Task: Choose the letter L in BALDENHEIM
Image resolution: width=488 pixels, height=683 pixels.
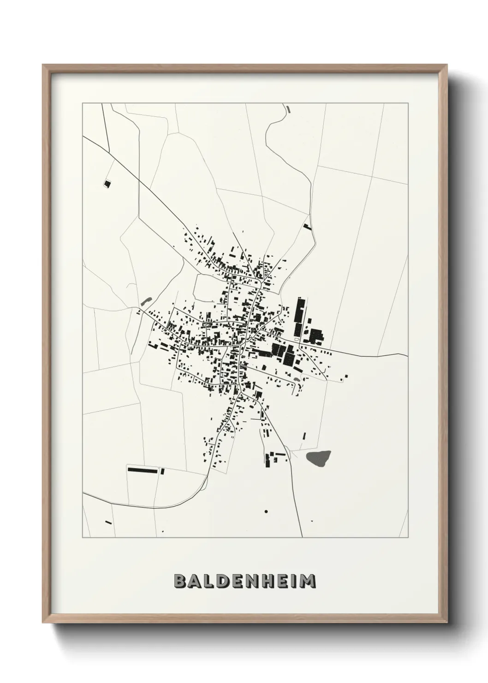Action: coord(210,581)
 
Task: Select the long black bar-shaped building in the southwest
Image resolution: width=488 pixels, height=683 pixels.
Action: coord(143,470)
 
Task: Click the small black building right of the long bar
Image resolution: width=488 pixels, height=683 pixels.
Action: coord(162,471)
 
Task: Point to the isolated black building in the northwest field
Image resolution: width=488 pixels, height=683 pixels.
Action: coord(107,184)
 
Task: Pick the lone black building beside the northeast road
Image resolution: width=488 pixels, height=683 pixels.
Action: coord(308,227)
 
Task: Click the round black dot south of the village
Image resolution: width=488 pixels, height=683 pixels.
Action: coord(266,511)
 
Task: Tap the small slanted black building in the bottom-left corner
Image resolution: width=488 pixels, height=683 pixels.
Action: coord(108,522)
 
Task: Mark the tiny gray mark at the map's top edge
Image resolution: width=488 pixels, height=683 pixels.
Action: coord(288,109)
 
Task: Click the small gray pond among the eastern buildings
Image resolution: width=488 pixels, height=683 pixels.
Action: coord(297,379)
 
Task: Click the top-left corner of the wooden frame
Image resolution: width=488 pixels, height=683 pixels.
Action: coord(43,66)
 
